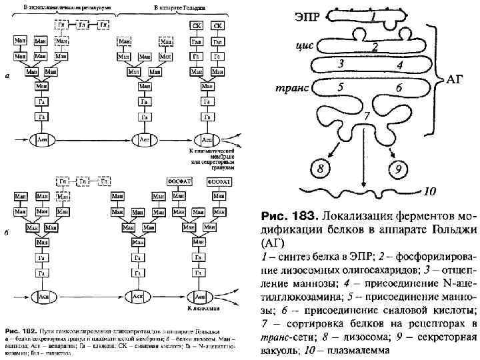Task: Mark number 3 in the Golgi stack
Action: (x=341, y=64)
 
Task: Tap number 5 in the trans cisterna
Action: (x=341, y=87)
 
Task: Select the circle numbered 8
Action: (x=323, y=168)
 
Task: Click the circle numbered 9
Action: (x=399, y=169)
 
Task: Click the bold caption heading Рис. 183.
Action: (x=288, y=216)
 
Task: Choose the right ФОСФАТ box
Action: (x=218, y=181)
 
